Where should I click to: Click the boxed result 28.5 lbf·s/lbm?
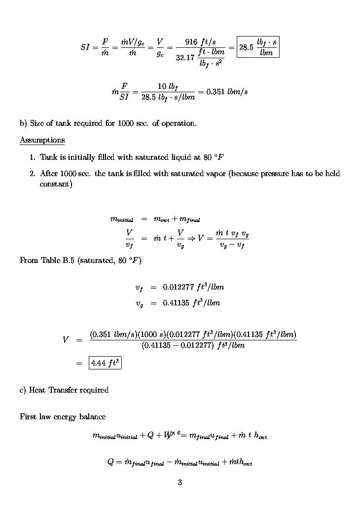(x=258, y=47)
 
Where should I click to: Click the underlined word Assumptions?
(x=42, y=140)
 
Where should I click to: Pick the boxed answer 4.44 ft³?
(x=105, y=363)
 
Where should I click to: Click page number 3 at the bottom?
(x=180, y=482)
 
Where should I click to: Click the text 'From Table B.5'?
(x=47, y=260)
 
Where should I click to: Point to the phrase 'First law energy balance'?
(x=63, y=417)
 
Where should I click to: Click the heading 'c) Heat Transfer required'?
(x=64, y=390)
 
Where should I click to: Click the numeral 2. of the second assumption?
(x=33, y=174)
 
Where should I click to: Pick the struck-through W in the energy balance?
(x=161, y=436)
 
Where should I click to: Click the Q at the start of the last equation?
(x=110, y=462)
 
